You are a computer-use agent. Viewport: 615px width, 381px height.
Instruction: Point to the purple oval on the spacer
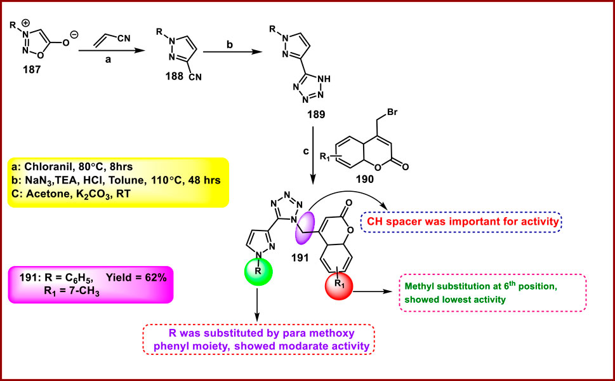point(306,227)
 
